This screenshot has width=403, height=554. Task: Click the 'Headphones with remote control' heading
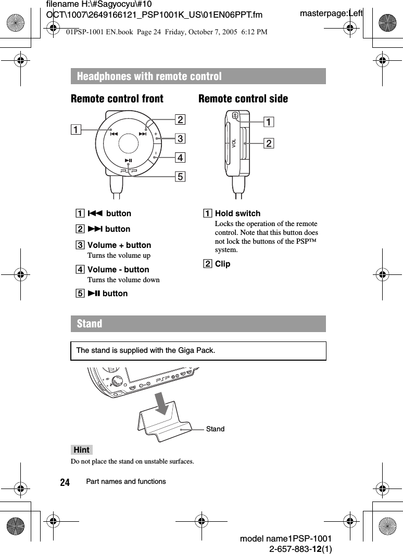149,76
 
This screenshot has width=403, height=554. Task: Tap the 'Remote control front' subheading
117,99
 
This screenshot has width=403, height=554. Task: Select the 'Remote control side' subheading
243,99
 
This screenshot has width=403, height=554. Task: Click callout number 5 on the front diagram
180,177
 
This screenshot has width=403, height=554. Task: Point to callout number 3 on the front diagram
180,138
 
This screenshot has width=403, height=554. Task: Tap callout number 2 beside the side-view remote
269,143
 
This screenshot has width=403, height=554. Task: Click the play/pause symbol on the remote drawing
129,161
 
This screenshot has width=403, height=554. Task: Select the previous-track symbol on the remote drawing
114,134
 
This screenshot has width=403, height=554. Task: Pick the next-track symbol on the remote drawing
143,134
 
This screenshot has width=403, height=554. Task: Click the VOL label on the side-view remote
234,143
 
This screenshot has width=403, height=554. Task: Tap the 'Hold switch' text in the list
237,213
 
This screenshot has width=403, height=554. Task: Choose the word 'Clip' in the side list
222,263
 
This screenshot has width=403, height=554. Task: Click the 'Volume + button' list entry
119,245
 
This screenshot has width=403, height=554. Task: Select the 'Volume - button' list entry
118,269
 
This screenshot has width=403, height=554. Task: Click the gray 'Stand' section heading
90,323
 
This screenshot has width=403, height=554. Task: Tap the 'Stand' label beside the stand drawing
215,429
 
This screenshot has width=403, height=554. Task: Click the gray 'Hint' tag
82,450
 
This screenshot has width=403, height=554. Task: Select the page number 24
65,482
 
